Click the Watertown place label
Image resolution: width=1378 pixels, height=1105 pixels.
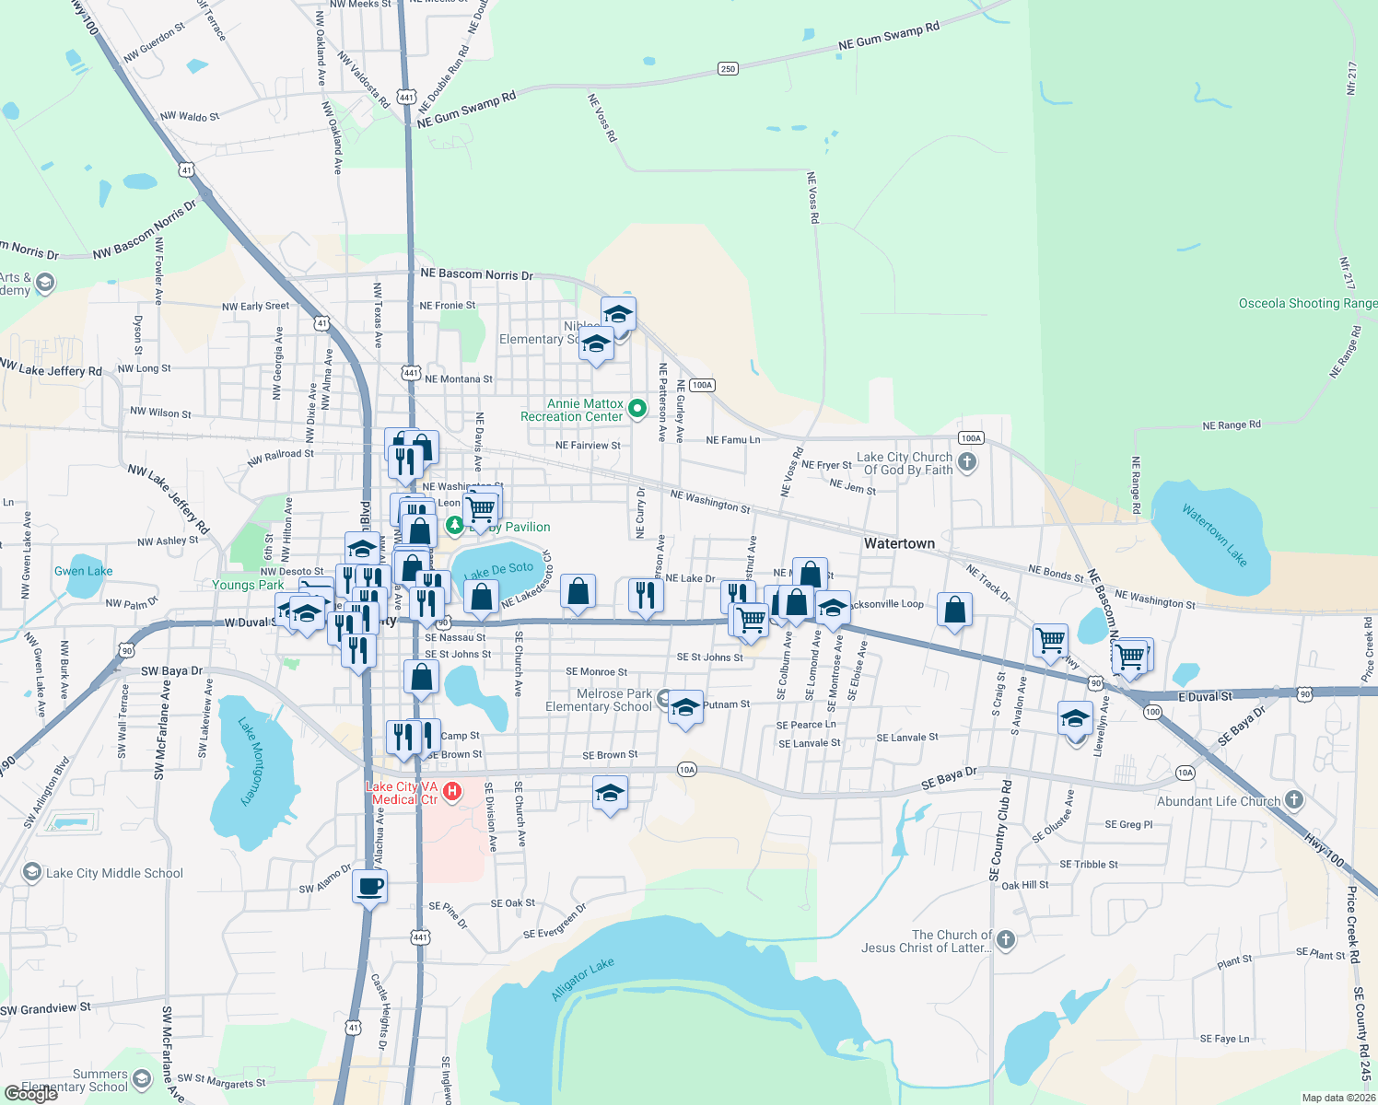[x=899, y=544]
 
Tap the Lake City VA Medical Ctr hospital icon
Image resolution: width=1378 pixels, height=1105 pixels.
[x=452, y=791]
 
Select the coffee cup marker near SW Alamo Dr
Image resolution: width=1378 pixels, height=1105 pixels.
[x=369, y=888]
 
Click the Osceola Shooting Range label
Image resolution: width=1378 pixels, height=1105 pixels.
[x=1307, y=303]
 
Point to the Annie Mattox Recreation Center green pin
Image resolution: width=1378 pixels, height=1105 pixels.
[x=636, y=406]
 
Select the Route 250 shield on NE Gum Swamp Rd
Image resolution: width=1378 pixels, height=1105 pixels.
[x=728, y=69]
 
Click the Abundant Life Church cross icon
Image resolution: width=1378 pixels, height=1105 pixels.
[x=1294, y=799]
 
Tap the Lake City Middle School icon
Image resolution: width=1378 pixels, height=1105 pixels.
[x=32, y=872]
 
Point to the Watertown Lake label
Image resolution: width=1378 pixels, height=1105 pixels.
[x=1214, y=535]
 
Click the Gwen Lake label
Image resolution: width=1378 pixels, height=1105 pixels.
[x=83, y=571]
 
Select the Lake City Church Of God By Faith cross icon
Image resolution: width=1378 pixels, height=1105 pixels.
[x=966, y=462]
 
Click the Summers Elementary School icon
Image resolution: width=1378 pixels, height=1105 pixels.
[x=141, y=1078]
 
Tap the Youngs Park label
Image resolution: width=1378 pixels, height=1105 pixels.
[x=248, y=585]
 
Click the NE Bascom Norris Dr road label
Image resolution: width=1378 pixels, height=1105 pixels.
[x=476, y=274]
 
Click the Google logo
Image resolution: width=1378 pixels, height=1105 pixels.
[x=31, y=1094]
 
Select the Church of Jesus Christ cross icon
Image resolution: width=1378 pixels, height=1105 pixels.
[x=1005, y=939]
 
